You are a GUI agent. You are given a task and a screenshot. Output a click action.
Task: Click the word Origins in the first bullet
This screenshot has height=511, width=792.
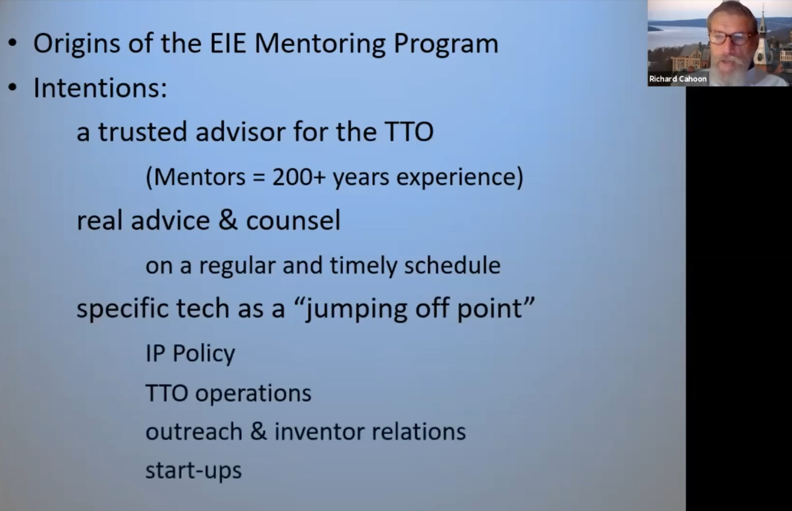pos(77,44)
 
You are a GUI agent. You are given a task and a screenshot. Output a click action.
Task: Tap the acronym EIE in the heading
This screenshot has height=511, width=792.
pos(228,43)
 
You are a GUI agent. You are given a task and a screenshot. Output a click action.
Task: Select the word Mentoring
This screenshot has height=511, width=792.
pos(319,44)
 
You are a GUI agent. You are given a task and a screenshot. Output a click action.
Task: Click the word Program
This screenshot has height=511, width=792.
pos(446,44)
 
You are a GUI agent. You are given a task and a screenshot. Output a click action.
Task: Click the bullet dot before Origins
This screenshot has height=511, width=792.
pos(13,43)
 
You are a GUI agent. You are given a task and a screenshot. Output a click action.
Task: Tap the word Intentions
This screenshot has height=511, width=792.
pos(100,88)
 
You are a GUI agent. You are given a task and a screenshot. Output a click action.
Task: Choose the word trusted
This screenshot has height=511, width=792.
pos(142,132)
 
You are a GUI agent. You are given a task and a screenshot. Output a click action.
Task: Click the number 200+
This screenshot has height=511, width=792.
pos(299,177)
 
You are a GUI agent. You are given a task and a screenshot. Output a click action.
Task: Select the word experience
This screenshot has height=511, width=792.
pos(460,177)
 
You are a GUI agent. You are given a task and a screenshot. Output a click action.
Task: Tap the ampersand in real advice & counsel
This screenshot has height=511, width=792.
pos(228,220)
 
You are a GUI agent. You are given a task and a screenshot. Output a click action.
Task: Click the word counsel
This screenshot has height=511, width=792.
pos(293,220)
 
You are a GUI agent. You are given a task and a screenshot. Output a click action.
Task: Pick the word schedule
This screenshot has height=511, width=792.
pos(452,265)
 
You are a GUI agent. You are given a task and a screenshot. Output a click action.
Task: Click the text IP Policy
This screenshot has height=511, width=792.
pos(190,353)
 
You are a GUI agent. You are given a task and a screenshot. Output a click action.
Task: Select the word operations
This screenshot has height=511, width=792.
pos(253,394)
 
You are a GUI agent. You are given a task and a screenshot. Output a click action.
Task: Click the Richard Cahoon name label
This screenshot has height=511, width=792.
pos(678,79)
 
